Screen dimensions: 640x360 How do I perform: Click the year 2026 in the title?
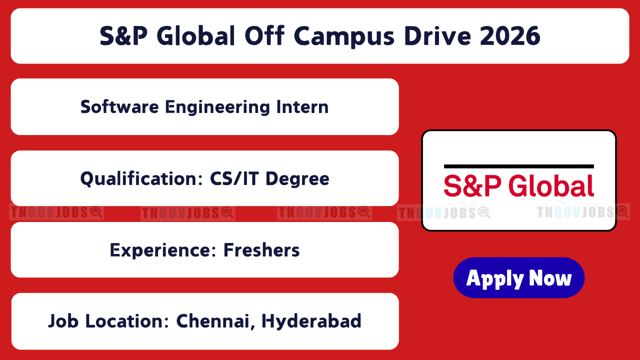point(510,35)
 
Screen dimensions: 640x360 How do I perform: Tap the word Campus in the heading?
point(344,37)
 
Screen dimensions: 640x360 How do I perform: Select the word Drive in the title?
point(437,35)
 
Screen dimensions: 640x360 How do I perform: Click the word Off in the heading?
point(264,35)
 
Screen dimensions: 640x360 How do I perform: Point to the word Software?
point(119,107)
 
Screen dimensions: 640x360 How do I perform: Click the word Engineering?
point(217,107)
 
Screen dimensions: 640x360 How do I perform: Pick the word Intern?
point(302,107)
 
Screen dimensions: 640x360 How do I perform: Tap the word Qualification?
point(141,179)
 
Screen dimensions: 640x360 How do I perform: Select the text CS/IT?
point(234,178)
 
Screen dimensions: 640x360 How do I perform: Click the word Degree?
point(297,179)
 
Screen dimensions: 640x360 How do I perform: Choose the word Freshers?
point(261,250)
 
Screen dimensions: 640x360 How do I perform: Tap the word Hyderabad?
point(311,321)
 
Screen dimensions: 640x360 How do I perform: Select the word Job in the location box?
point(63,321)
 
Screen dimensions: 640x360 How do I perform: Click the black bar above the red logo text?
point(519,166)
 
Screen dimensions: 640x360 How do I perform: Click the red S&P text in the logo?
point(472,186)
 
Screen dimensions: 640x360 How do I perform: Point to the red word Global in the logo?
point(551,185)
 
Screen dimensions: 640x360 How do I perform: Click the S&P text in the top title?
point(123,35)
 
